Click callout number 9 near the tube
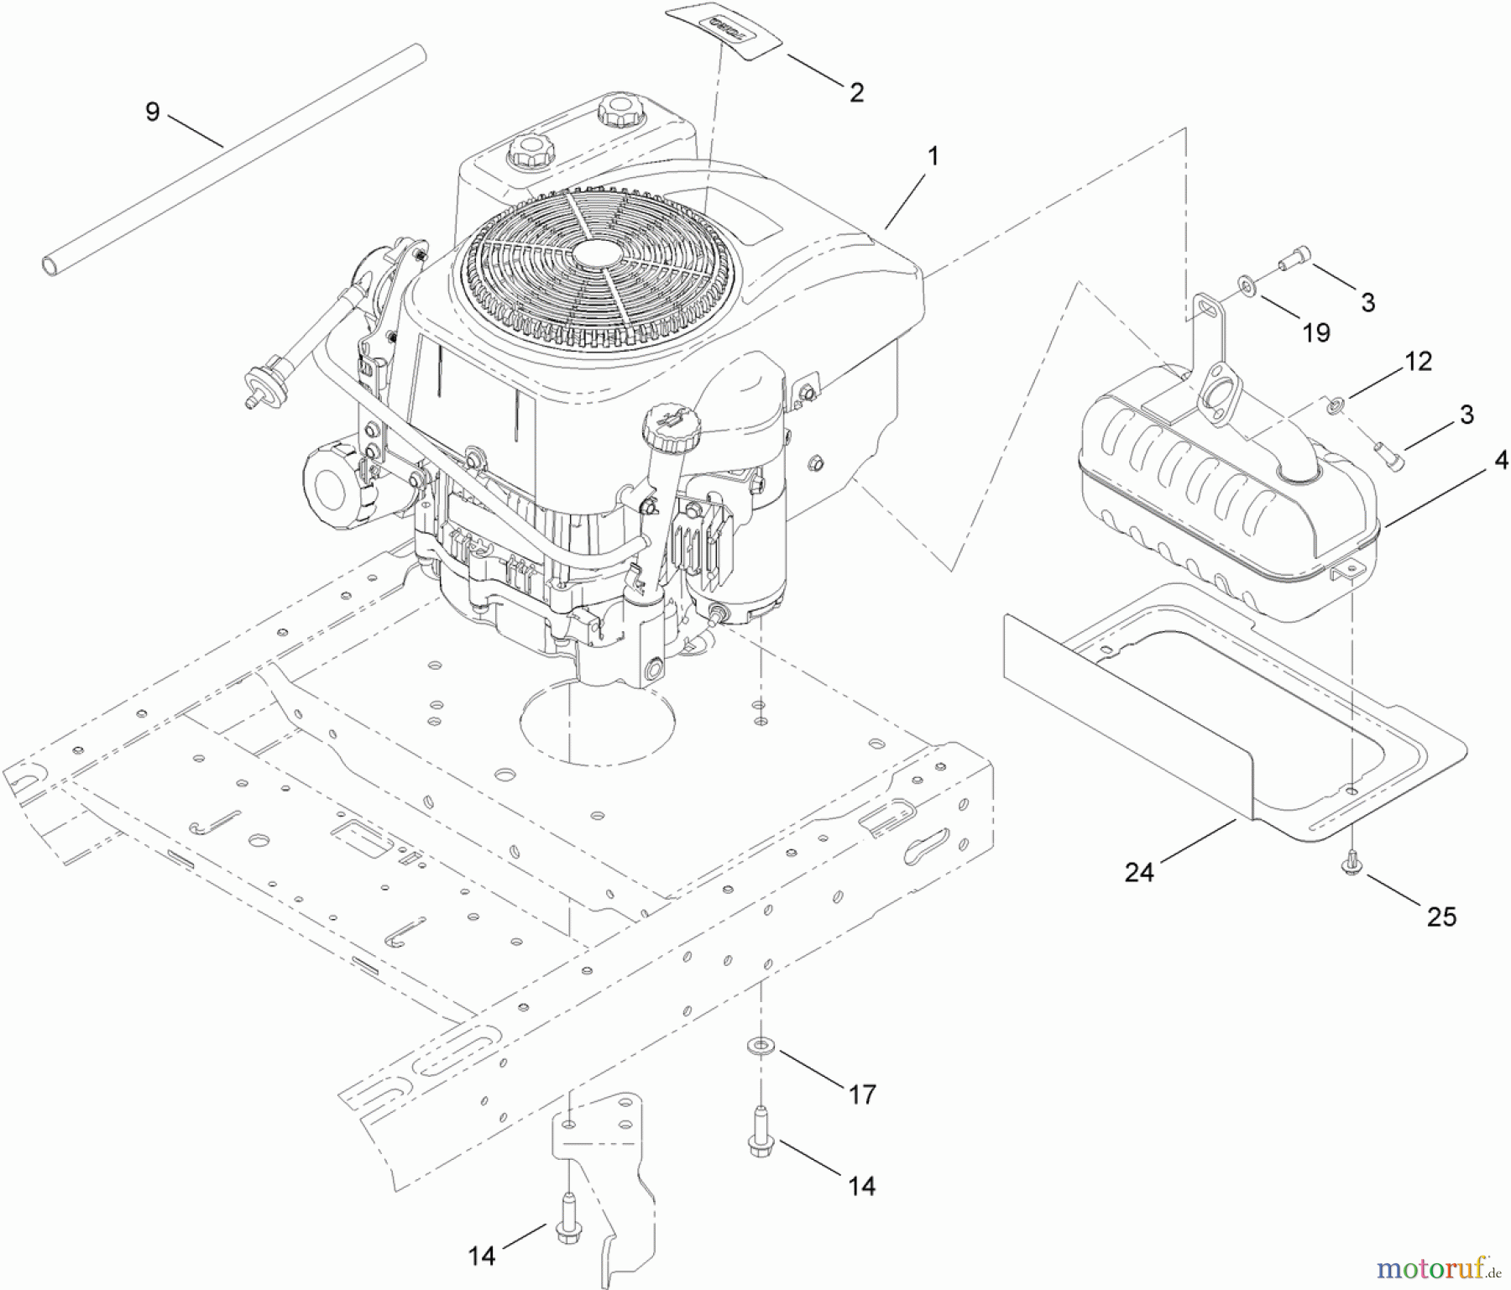[x=152, y=112]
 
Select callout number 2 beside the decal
[x=856, y=91]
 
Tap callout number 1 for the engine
[x=932, y=157]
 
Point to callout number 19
[x=1316, y=333]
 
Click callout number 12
[x=1418, y=362]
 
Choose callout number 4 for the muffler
[x=1501, y=460]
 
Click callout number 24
[x=1139, y=873]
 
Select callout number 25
[x=1441, y=917]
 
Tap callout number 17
[x=862, y=1094]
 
